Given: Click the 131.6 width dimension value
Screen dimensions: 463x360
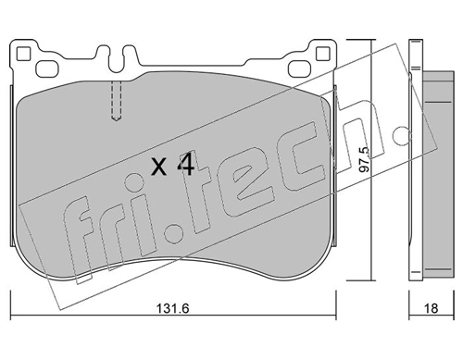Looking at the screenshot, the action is (x=172, y=308).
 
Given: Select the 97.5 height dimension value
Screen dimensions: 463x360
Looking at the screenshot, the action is (x=365, y=159).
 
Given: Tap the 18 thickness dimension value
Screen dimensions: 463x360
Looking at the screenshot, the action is (x=431, y=308).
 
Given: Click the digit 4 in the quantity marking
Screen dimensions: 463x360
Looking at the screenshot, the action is (x=185, y=164).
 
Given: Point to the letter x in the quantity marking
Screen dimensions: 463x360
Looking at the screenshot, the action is (x=159, y=168).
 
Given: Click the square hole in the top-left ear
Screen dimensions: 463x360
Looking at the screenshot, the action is (x=23, y=54).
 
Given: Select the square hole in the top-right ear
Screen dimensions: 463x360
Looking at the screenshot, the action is (x=323, y=54).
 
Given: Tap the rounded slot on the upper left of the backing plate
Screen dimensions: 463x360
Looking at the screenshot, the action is (x=47, y=68).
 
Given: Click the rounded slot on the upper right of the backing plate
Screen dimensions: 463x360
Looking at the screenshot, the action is (x=299, y=68).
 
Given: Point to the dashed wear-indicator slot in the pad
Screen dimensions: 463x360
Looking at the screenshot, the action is (x=116, y=101).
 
